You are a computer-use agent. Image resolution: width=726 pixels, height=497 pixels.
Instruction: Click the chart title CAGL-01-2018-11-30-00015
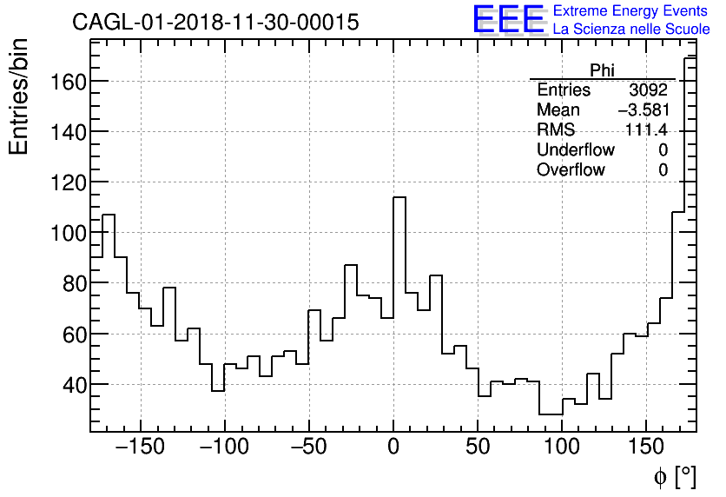click(215, 23)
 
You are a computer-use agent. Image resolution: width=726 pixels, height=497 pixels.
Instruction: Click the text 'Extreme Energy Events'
click(630, 11)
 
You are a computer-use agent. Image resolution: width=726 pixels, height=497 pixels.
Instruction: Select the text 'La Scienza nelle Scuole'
click(630, 30)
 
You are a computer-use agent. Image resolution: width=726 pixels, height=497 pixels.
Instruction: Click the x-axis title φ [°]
click(675, 477)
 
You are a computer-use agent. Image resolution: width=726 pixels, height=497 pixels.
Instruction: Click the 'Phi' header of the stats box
click(602, 70)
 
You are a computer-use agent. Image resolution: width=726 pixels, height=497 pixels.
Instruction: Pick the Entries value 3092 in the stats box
click(648, 90)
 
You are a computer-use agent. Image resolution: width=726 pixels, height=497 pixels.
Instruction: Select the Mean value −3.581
click(643, 110)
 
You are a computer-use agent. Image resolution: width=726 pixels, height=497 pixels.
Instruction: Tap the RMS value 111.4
click(646, 130)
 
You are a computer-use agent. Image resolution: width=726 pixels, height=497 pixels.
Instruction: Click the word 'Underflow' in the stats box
click(575, 150)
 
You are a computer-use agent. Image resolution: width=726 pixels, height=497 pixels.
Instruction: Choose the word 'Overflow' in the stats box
click(571, 170)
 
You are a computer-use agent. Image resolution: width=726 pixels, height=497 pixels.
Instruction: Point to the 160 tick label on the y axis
click(65, 82)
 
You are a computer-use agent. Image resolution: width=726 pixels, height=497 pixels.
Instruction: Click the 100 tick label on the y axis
click(65, 233)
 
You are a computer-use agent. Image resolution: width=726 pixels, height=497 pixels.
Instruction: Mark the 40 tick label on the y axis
click(70, 384)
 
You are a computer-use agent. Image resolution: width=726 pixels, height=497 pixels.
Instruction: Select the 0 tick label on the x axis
click(393, 449)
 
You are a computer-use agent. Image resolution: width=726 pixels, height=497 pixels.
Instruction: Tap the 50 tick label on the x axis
click(478, 449)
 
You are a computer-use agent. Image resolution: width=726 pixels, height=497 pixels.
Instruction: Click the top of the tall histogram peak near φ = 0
click(399, 197)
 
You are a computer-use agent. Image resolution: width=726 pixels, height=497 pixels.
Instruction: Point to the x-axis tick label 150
click(646, 449)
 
